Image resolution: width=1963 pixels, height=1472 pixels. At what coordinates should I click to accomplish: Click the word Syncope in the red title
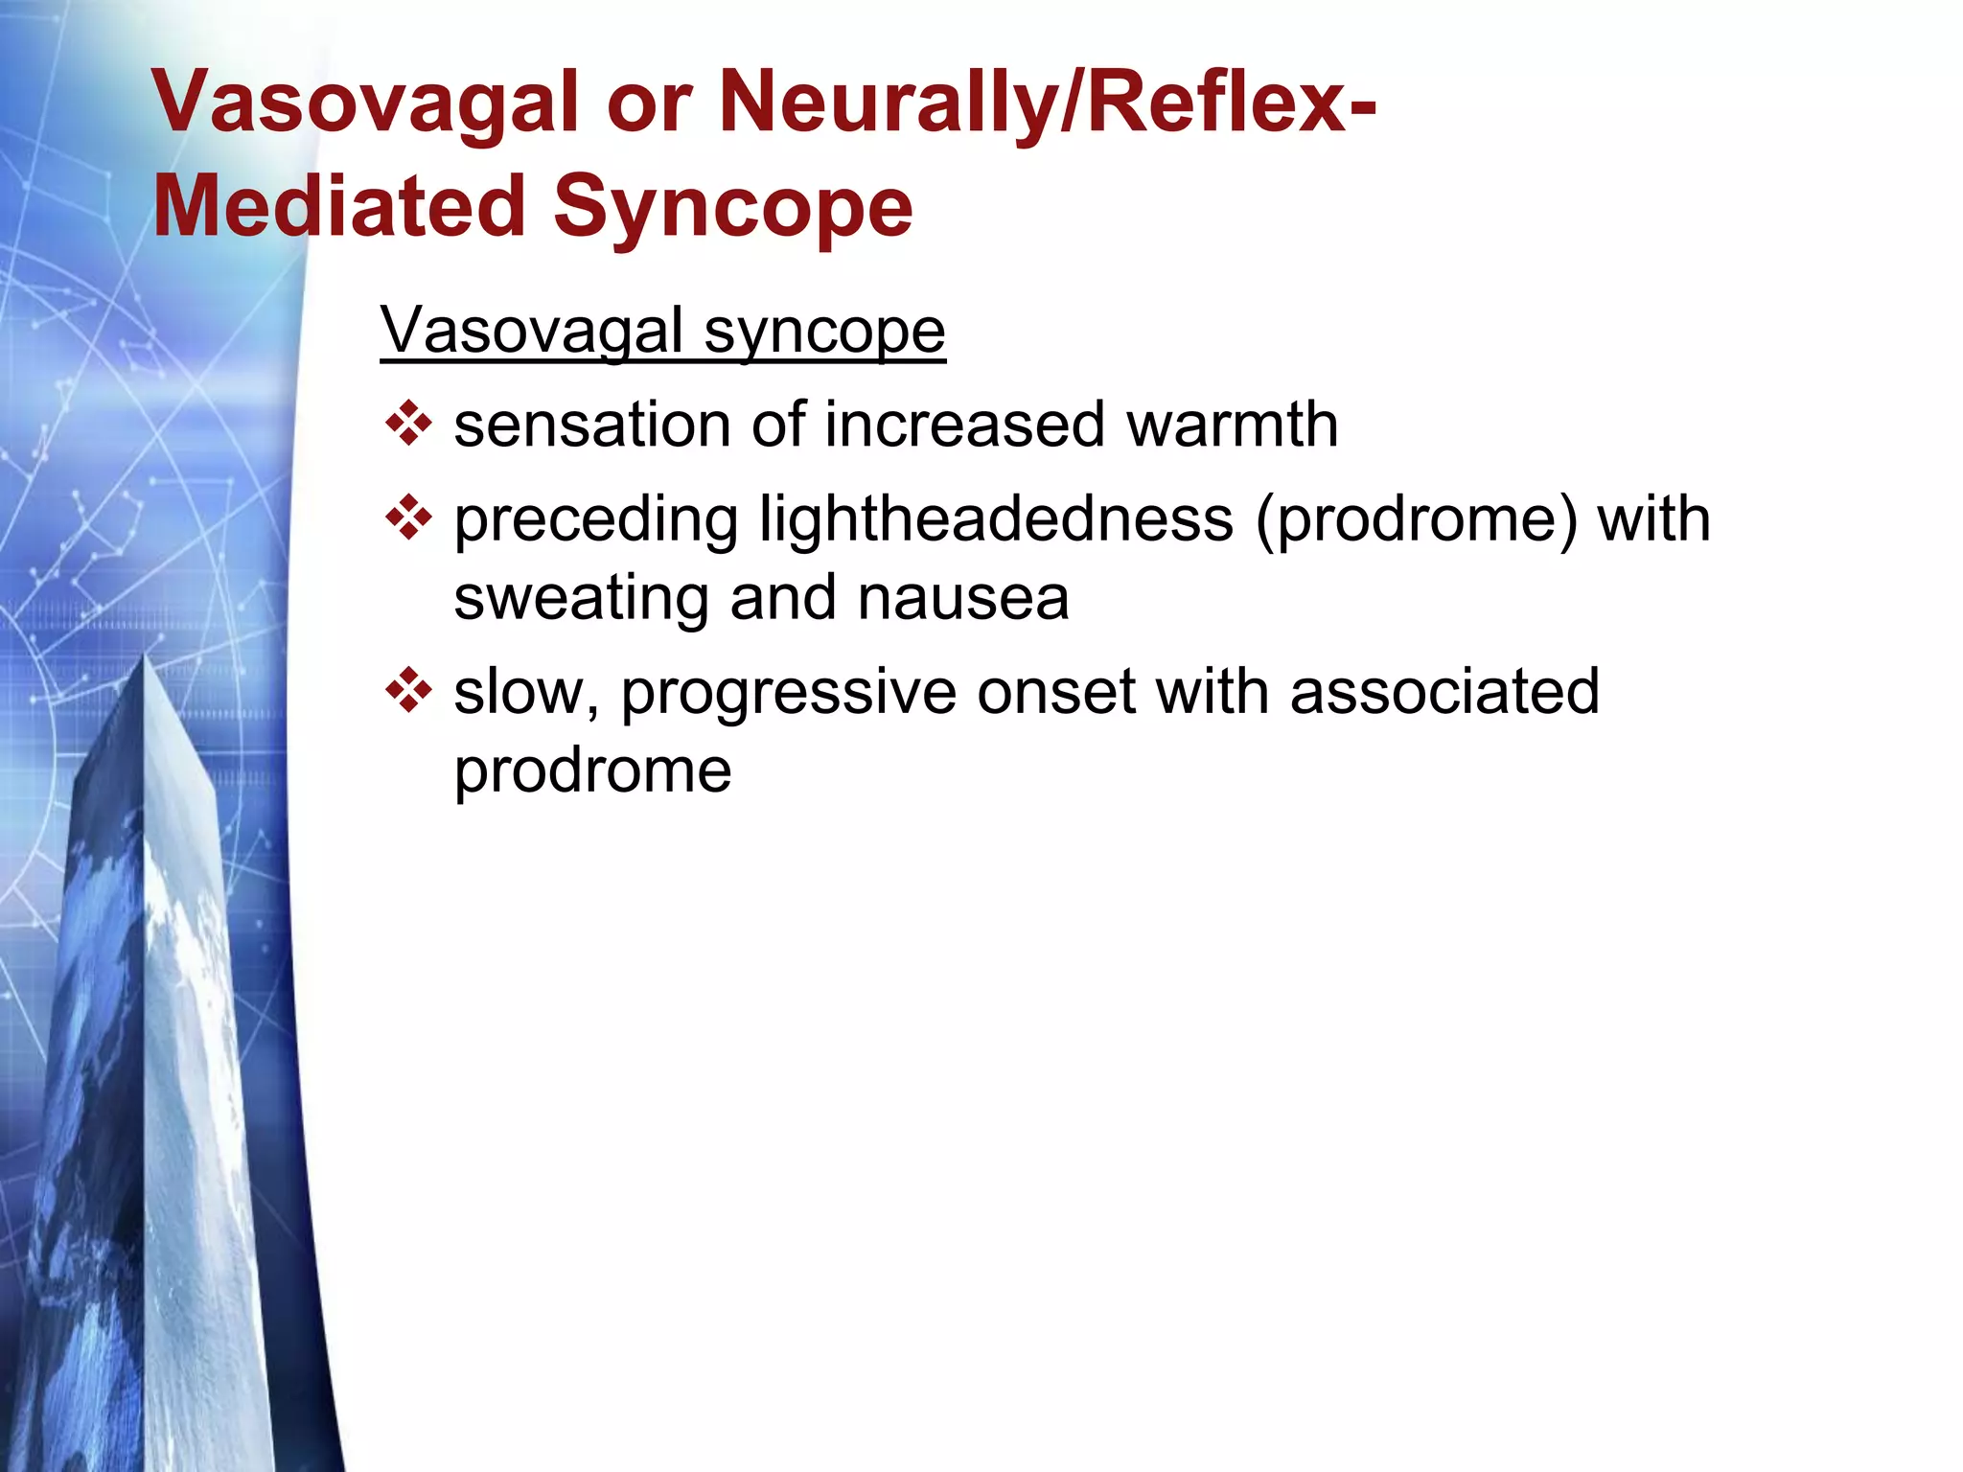[x=732, y=208]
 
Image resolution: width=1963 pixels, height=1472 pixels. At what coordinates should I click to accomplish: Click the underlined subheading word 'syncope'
[x=824, y=332]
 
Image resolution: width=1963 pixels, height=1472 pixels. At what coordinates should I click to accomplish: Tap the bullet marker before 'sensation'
[x=408, y=425]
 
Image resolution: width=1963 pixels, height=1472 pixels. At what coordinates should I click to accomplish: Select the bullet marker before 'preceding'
[x=408, y=518]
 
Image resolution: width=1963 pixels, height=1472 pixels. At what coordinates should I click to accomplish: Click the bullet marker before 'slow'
[x=408, y=691]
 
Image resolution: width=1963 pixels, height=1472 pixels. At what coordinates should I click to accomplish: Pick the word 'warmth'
[x=1232, y=425]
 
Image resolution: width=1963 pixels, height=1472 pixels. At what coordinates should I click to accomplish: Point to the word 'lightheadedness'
[x=996, y=520]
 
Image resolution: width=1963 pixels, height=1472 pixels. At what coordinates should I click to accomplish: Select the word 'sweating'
[x=579, y=599]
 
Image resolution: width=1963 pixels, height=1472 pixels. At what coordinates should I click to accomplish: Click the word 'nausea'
[x=962, y=599]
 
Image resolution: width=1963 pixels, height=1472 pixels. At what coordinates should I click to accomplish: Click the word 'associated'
[x=1444, y=691]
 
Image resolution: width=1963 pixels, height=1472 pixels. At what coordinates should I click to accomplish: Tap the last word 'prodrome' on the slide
[x=592, y=771]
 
